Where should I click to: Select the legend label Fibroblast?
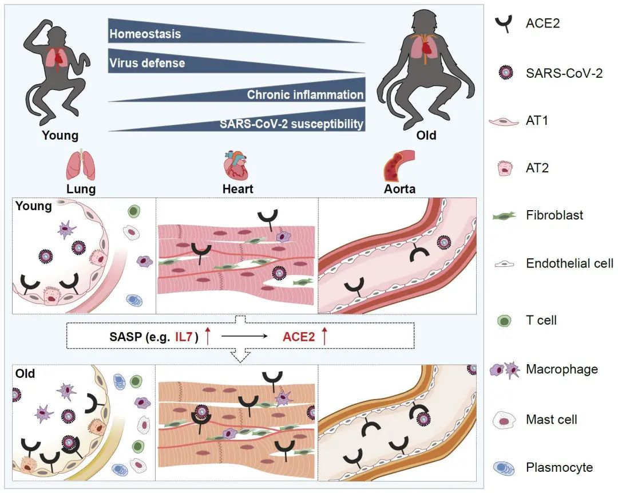(554, 215)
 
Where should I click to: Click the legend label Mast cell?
(551, 420)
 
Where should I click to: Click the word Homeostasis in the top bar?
(145, 34)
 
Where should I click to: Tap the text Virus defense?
(147, 62)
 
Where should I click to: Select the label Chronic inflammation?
(305, 94)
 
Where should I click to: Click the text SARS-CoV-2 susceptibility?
(292, 124)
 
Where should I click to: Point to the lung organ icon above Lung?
(81, 165)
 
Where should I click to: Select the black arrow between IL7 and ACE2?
(244, 337)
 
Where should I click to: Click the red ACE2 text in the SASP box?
(299, 336)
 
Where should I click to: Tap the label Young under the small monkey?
(60, 136)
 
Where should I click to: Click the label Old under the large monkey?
(426, 136)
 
